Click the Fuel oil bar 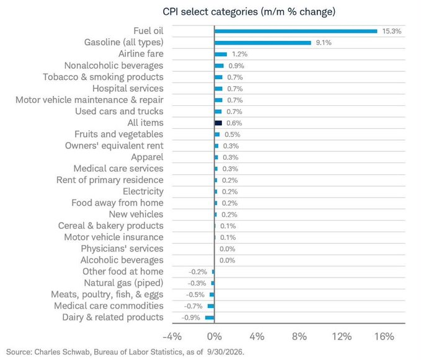pyautogui.click(x=296, y=32)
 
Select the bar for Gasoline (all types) pyautogui.click(x=263, y=43)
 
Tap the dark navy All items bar pyautogui.click(x=218, y=123)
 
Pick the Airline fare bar pyautogui.click(x=221, y=55)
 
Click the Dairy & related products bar pyautogui.click(x=210, y=318)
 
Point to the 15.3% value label pyautogui.click(x=392, y=32)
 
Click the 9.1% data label pyautogui.click(x=324, y=43)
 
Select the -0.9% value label pyautogui.click(x=190, y=318)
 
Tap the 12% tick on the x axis pyautogui.click(x=342, y=336)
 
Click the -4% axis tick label pyautogui.click(x=172, y=336)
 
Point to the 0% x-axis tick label pyautogui.click(x=215, y=336)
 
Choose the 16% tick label pyautogui.click(x=384, y=336)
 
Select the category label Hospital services pyautogui.click(x=128, y=89)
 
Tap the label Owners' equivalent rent pyautogui.click(x=114, y=146)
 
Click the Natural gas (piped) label pyautogui.click(x=123, y=283)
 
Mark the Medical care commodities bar pyautogui.click(x=211, y=306)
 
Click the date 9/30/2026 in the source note pyautogui.click(x=226, y=352)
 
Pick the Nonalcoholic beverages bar pyautogui.click(x=219, y=66)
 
